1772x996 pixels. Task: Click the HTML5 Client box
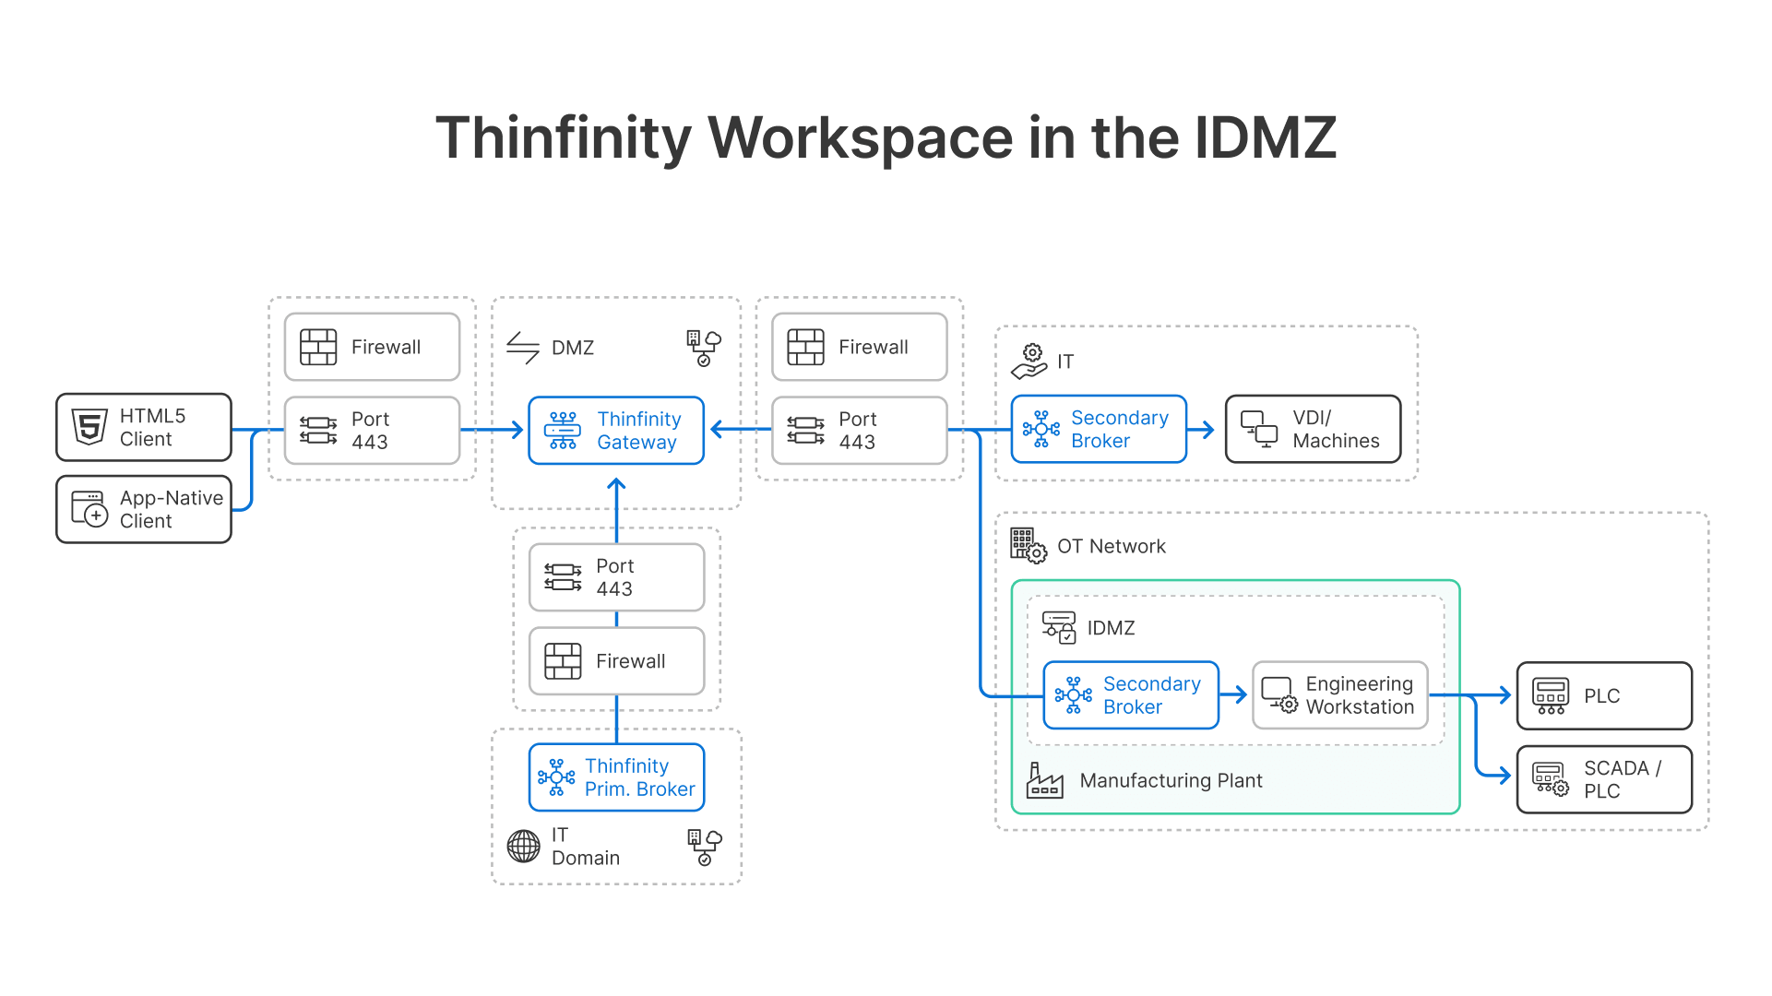(x=144, y=428)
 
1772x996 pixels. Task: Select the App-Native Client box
(x=144, y=510)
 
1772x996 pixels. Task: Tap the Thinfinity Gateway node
(x=616, y=431)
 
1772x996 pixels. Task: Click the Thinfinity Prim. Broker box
(x=616, y=777)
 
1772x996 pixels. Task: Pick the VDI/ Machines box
(x=1313, y=430)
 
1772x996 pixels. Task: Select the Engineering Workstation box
(x=1339, y=695)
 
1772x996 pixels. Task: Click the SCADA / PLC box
(x=1604, y=779)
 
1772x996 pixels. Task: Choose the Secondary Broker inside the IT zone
(x=1099, y=430)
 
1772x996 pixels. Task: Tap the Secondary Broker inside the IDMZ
(x=1131, y=695)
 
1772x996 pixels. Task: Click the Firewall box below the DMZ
(x=616, y=661)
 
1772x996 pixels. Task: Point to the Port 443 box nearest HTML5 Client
(x=372, y=431)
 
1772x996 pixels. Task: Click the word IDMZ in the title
(x=1265, y=138)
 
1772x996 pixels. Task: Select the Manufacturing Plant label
(x=1171, y=781)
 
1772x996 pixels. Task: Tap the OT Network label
(x=1111, y=547)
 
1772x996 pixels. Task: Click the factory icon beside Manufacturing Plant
(x=1044, y=780)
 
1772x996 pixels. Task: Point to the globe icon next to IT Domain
(x=523, y=846)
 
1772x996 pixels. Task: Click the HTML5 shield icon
(x=89, y=427)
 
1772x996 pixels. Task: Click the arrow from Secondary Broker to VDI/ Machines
(x=1203, y=430)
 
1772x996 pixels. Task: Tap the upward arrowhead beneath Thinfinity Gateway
(x=616, y=484)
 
